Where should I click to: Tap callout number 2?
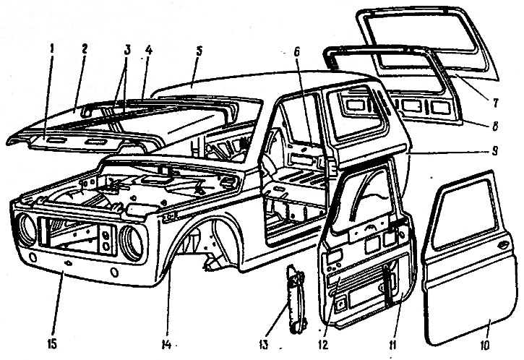(x=85, y=50)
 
